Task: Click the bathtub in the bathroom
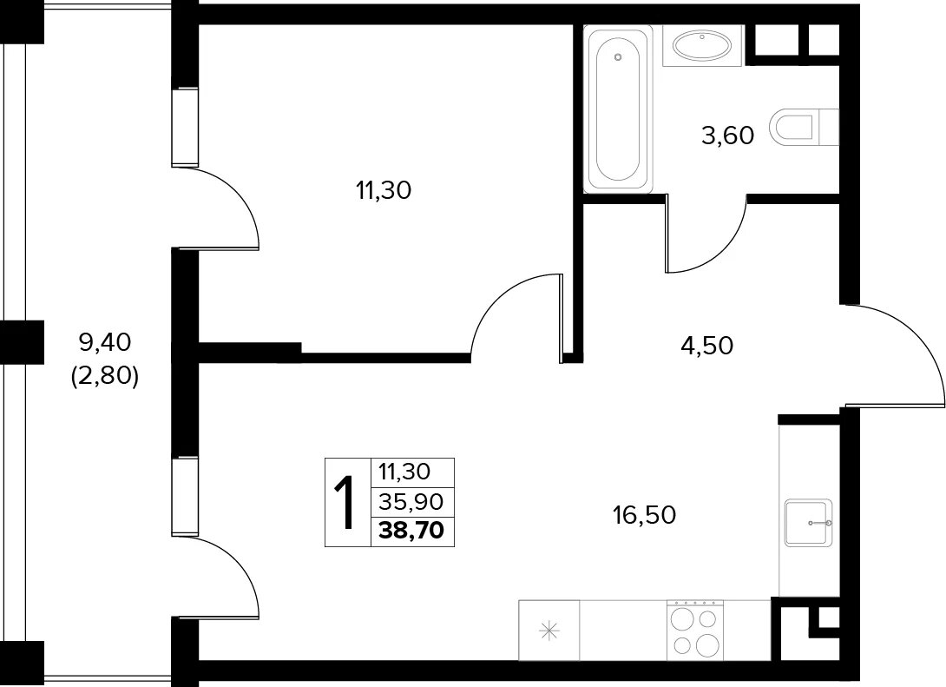[618, 109]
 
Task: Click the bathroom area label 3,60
[727, 135]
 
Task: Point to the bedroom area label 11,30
[384, 191]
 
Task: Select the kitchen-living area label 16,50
[644, 516]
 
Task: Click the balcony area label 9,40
[105, 343]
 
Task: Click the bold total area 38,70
[412, 531]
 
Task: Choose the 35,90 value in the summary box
[412, 501]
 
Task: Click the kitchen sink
[809, 522]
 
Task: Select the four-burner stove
[695, 630]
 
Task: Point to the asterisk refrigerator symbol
[549, 631]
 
